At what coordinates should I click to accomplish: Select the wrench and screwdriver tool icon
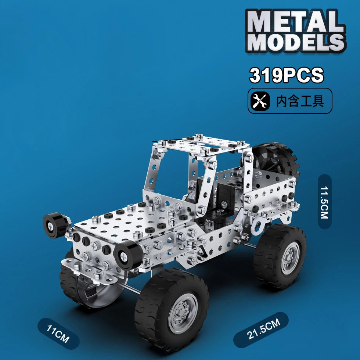click(x=260, y=101)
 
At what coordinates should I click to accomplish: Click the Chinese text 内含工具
click(x=300, y=101)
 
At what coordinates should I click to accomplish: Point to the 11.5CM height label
click(x=324, y=202)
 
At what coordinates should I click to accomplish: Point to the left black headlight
click(x=55, y=225)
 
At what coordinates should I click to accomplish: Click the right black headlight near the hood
click(x=127, y=254)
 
